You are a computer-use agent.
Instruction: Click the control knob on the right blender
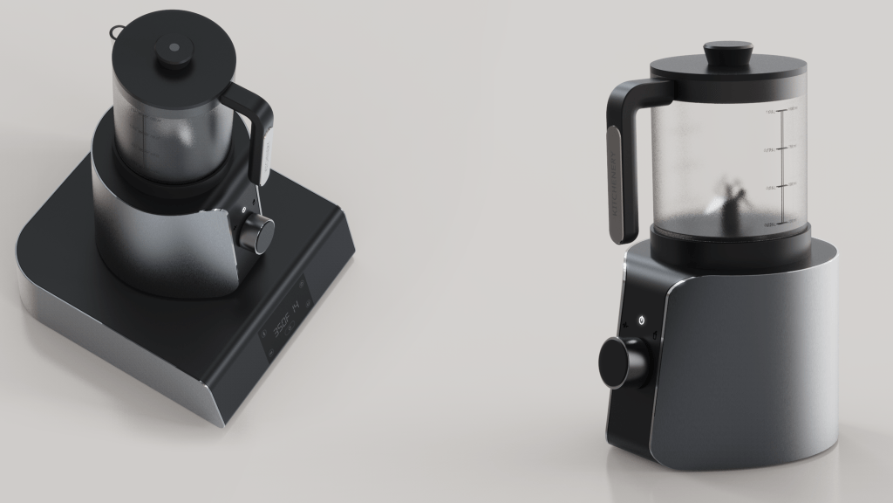click(623, 362)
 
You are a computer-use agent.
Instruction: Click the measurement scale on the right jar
click(782, 166)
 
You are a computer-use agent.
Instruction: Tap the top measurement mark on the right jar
click(782, 110)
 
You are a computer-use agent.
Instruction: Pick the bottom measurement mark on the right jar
click(782, 224)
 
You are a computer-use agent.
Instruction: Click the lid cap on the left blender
click(174, 52)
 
